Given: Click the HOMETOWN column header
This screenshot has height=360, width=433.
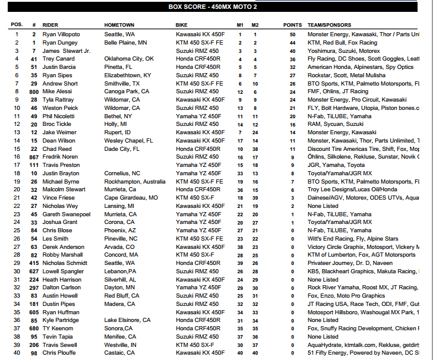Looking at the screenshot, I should click(x=119, y=26).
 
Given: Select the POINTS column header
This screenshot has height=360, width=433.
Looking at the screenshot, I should click(x=292, y=26).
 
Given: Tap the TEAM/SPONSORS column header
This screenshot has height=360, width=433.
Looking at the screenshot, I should click(x=333, y=26).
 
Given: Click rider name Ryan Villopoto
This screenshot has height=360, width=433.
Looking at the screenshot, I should click(x=61, y=34).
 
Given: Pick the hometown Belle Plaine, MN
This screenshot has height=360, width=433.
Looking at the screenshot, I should click(x=126, y=43).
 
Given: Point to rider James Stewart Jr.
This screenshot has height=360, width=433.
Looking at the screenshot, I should click(x=67, y=51).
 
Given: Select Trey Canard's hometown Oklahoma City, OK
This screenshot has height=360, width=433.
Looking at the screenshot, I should click(x=129, y=59).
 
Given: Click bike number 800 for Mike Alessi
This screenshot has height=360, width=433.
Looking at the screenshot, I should click(x=34, y=91).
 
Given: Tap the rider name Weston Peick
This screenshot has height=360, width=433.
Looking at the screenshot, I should click(x=60, y=108).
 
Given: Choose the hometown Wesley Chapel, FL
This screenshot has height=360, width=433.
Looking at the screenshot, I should click(x=128, y=140).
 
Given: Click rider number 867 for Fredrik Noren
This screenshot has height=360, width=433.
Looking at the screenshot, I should click(x=34, y=157).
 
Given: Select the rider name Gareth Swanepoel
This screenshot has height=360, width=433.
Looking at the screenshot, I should click(x=65, y=214).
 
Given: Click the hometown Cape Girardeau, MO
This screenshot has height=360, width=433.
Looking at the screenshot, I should click(x=131, y=197).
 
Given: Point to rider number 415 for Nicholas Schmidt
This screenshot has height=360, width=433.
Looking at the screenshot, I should click(x=34, y=263).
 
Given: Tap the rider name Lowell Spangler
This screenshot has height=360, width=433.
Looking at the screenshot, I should click(x=63, y=271).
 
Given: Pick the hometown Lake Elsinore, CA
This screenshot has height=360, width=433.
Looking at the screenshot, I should click(x=128, y=320).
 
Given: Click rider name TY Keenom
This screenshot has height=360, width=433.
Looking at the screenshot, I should click(x=58, y=328).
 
